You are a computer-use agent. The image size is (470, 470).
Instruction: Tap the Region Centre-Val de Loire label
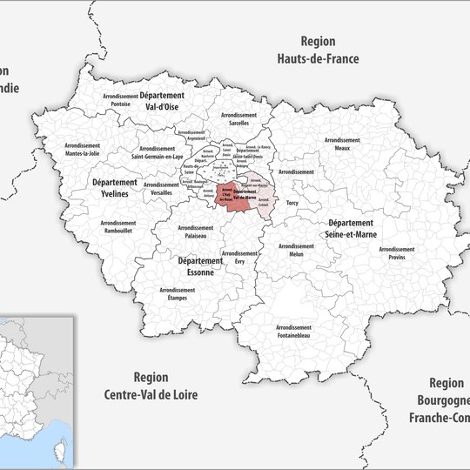click(x=165, y=386)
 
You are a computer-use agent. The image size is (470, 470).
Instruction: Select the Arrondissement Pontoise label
click(x=120, y=100)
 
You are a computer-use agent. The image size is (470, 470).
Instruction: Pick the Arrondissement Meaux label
click(x=342, y=144)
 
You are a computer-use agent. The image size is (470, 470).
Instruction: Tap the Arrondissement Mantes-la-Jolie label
click(x=83, y=150)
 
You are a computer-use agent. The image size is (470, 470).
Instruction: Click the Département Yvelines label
click(x=115, y=188)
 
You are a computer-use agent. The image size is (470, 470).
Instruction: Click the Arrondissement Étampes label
click(x=177, y=294)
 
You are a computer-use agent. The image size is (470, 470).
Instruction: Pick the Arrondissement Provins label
click(x=397, y=253)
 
